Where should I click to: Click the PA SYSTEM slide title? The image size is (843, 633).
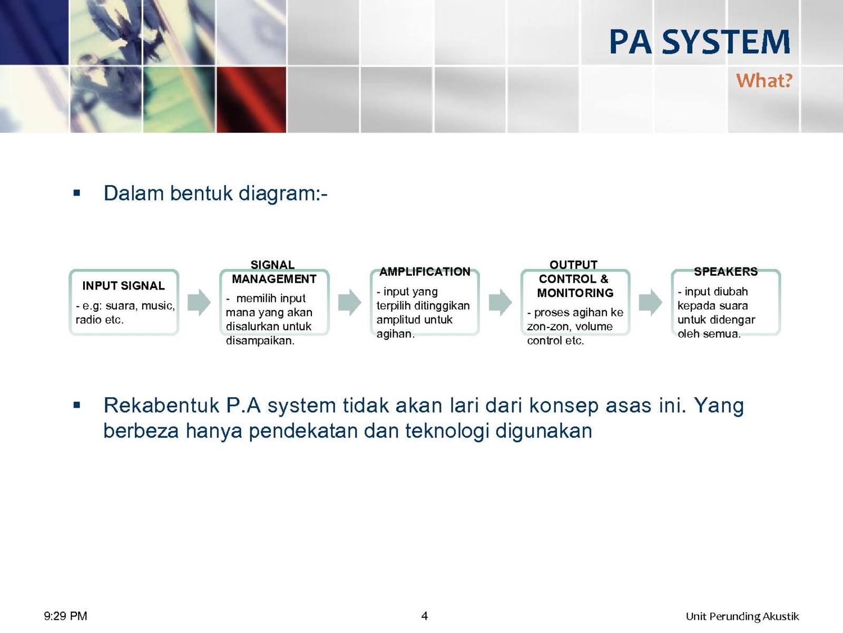pyautogui.click(x=699, y=42)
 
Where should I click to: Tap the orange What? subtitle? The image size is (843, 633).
pyautogui.click(x=764, y=80)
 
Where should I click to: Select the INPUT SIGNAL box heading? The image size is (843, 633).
pyautogui.click(x=123, y=285)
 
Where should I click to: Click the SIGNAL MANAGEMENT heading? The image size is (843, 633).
pyautogui.click(x=274, y=272)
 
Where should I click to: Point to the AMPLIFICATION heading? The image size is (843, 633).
pyautogui.click(x=425, y=272)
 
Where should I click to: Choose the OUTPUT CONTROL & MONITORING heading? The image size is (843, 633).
pyautogui.click(x=575, y=279)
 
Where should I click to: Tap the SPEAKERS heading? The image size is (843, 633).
pyautogui.click(x=726, y=271)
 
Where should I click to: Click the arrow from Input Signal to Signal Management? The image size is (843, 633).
pyautogui.click(x=199, y=302)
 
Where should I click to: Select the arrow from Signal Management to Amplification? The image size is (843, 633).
pyautogui.click(x=349, y=302)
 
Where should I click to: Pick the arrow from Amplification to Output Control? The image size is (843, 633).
pyautogui.click(x=500, y=302)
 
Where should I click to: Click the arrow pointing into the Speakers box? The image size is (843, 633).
pyautogui.click(x=650, y=302)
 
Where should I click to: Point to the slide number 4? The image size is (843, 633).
pyautogui.click(x=424, y=616)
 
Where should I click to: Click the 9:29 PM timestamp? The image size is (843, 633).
pyautogui.click(x=66, y=616)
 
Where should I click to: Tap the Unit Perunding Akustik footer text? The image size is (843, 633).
pyautogui.click(x=742, y=617)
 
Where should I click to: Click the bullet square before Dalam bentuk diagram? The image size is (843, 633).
pyautogui.click(x=77, y=193)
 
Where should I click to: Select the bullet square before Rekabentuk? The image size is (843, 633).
pyautogui.click(x=77, y=405)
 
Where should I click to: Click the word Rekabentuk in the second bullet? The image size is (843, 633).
pyautogui.click(x=162, y=406)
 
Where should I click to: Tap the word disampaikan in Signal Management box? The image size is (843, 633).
pyautogui.click(x=260, y=341)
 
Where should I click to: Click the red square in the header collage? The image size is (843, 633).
pyautogui.click(x=251, y=99)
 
